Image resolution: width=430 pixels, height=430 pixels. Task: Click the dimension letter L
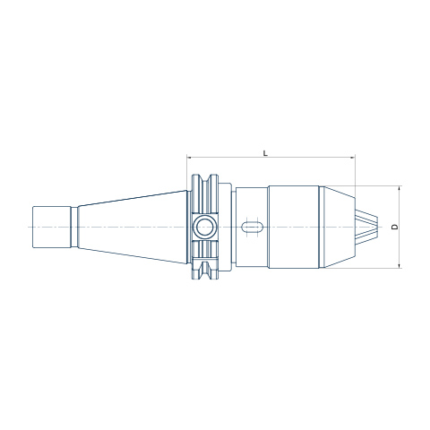(265, 153)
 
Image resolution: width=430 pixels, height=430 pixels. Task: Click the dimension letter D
(395, 227)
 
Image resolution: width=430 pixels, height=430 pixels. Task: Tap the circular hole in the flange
(204, 228)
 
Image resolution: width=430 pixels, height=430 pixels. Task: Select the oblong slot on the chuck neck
(252, 228)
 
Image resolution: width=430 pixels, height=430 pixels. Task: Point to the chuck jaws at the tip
(366, 227)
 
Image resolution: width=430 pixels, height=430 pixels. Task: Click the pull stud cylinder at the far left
(51, 227)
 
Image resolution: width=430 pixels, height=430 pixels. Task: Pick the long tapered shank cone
(133, 227)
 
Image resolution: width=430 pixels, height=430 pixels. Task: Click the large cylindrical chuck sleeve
(294, 227)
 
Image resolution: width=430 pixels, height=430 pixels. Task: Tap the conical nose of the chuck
(337, 227)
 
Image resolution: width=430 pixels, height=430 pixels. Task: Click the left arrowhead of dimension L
(189, 157)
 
